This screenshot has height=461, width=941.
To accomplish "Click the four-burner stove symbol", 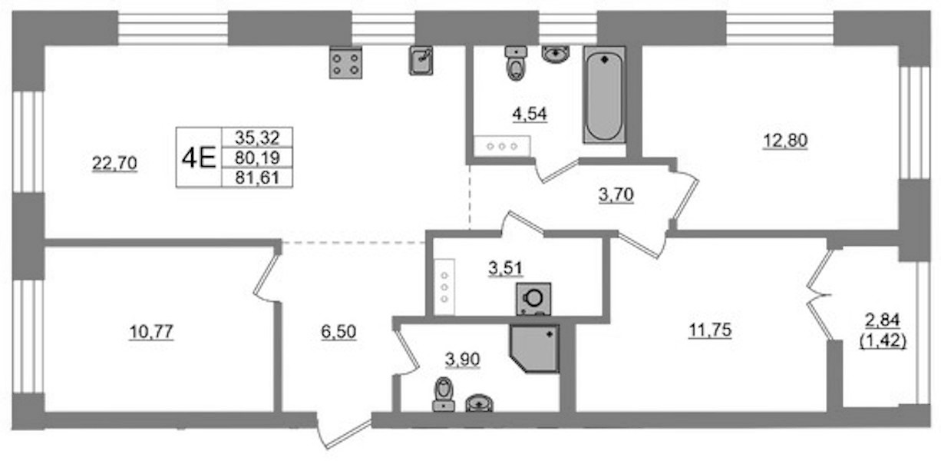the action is coord(345,63).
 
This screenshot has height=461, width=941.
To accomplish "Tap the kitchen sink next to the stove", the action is coord(421,61).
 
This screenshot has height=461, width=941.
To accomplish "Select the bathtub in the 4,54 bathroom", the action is coord(604,95).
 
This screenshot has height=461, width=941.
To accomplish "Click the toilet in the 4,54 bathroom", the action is coord(516,64).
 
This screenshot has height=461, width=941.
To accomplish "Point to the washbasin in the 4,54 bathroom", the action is coord(556,55).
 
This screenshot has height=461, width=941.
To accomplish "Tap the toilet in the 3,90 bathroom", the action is coord(444,393).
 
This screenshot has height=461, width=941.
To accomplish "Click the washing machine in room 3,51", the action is coord(533,299).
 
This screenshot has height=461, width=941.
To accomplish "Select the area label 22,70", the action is coord(114,163).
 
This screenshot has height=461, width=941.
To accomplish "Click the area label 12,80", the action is coord(785,141).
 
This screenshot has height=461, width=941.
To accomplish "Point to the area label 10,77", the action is coord(151,332).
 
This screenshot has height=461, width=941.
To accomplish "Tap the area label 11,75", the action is coord(710,330).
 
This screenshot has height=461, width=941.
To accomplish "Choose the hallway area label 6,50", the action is coord(338,332).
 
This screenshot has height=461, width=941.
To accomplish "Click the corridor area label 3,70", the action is coord(616,194).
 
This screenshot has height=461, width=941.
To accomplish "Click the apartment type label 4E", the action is coord(199,158).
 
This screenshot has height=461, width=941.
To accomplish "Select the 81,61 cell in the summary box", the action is coord(257,177).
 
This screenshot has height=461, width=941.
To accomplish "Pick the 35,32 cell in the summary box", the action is coord(257,137).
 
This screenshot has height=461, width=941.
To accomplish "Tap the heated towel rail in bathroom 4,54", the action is coord(502,146).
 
